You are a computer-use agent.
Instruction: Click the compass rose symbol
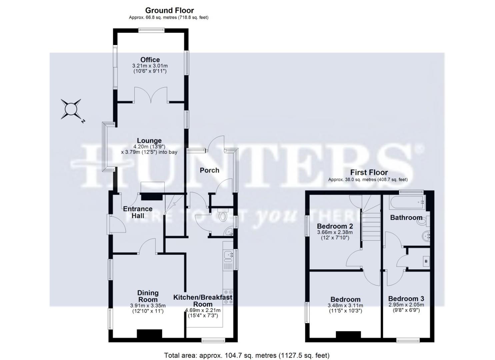pos(71,109)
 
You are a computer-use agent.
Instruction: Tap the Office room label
pos(150,60)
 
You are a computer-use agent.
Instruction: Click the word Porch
pos(209,170)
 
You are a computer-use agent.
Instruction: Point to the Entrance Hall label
pos(138,212)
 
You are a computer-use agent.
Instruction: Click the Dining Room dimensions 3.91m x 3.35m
pos(148,305)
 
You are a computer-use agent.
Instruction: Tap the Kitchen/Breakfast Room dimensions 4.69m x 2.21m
pos(203,310)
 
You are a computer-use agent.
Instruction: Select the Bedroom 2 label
pos(335,226)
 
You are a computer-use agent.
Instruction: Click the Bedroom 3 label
pos(406,299)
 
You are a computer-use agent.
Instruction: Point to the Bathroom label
pos(406,218)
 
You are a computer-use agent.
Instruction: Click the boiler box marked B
pos(426,261)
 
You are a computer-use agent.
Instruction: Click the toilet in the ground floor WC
pos(224,216)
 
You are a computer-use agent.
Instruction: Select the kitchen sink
pos(228,255)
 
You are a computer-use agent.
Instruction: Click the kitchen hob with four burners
pos(228,296)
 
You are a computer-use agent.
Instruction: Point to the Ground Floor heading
pos(169,10)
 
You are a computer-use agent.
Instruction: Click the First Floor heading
pos(369,173)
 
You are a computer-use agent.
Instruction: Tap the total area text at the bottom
pos(247,355)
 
